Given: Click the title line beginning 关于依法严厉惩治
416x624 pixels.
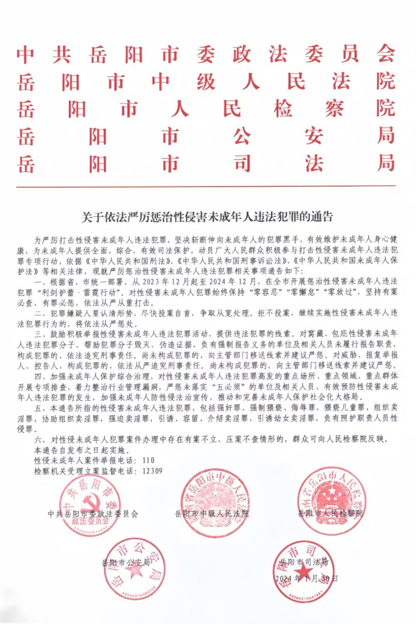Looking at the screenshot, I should click(207, 217).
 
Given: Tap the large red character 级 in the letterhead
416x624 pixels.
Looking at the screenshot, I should click(206, 81).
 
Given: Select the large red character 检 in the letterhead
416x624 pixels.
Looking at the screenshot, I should click(283, 109).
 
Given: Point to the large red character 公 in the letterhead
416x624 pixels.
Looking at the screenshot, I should click(242, 136).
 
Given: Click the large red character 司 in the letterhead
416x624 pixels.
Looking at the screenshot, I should click(242, 163).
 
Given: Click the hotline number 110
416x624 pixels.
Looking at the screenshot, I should click(148, 460).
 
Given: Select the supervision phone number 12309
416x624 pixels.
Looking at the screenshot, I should click(152, 471).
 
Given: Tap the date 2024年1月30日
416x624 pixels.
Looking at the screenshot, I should click(307, 578).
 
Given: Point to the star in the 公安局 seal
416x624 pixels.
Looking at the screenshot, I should click(134, 571).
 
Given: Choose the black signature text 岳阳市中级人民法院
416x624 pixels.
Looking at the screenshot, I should click(212, 513).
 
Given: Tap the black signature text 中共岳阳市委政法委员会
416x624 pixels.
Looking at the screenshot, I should click(93, 514).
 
